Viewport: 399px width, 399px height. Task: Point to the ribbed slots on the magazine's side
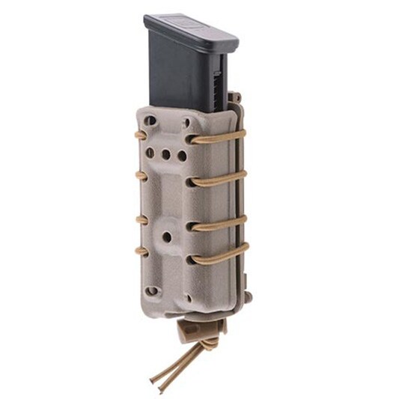click(x=218, y=86)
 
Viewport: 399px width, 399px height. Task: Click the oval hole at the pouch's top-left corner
click(x=151, y=120)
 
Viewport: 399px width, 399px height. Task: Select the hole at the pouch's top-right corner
click(x=186, y=122)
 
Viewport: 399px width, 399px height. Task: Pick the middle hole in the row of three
click(x=165, y=156)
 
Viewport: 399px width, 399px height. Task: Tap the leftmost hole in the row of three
click(x=150, y=152)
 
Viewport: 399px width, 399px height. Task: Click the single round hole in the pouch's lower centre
click(x=166, y=237)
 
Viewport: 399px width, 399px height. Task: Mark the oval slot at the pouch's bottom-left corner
click(x=152, y=290)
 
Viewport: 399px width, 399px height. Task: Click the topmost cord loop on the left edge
click(x=140, y=135)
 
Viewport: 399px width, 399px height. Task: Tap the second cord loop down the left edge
click(x=140, y=176)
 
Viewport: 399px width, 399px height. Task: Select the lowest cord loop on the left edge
click(x=140, y=252)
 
